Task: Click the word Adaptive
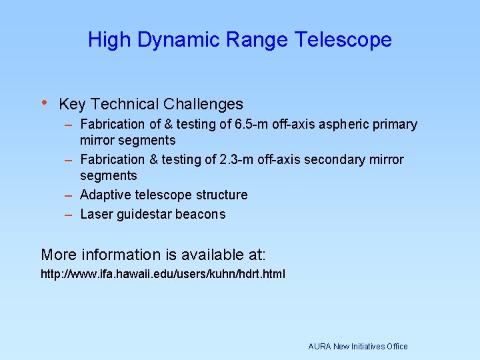pos(105,195)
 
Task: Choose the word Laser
pos(95,215)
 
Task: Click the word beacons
pos(203,215)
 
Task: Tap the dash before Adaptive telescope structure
pos(69,195)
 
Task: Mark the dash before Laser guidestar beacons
pos(69,215)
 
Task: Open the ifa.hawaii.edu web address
pos(163,274)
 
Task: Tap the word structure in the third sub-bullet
pos(220,195)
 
